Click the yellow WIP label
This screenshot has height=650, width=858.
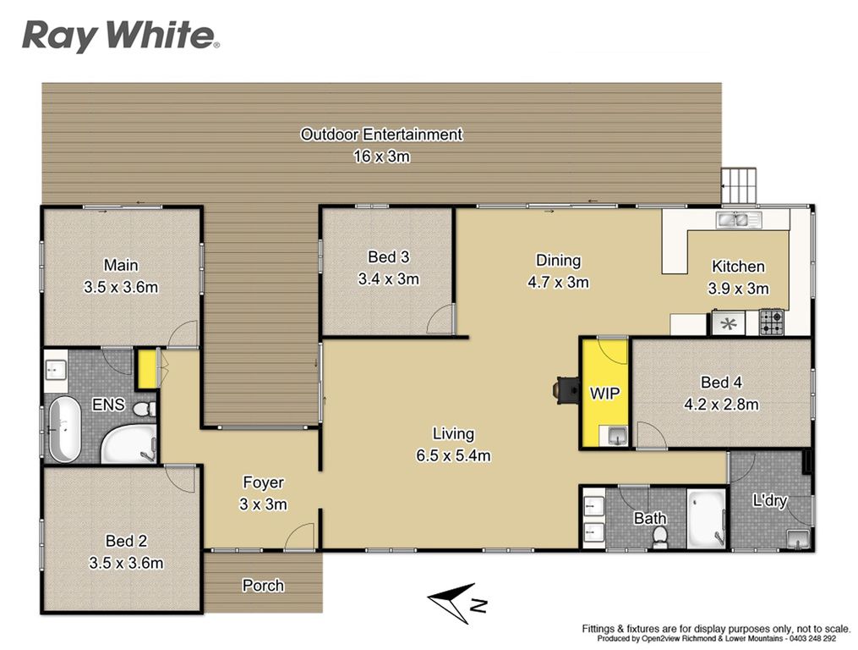coord(604,393)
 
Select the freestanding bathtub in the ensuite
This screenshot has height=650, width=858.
coord(65,428)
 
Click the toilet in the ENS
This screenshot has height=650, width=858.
coord(145,408)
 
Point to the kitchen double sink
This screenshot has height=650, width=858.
coord(740,220)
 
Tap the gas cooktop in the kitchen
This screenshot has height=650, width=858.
coord(771,322)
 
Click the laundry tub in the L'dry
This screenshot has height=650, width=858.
coord(798,538)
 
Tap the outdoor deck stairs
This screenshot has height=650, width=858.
coord(740,186)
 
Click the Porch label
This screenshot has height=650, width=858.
coord(263,586)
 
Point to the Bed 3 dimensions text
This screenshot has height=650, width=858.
coord(389,279)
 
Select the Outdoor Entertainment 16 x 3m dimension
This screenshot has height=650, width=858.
coord(381,157)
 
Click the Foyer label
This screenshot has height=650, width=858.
coord(263,482)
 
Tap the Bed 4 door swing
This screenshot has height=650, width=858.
coord(651,435)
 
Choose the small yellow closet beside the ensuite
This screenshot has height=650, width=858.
coord(146,369)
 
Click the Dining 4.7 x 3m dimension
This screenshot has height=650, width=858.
coord(558,282)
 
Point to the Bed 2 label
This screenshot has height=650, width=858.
coord(127,541)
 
